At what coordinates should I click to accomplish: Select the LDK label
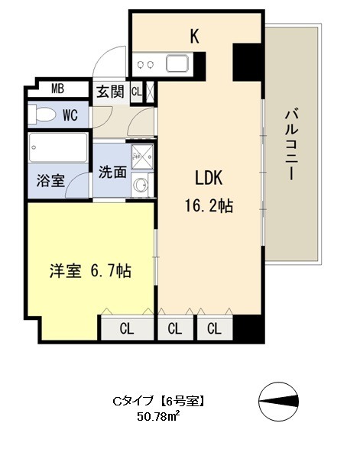207,179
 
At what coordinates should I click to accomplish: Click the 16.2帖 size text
207,205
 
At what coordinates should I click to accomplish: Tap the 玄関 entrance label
109,92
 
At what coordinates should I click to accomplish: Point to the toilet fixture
41,115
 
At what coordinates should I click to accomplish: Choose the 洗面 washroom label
112,172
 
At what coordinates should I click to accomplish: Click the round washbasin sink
140,183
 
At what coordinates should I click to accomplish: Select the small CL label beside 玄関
136,92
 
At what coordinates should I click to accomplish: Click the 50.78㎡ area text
157,417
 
